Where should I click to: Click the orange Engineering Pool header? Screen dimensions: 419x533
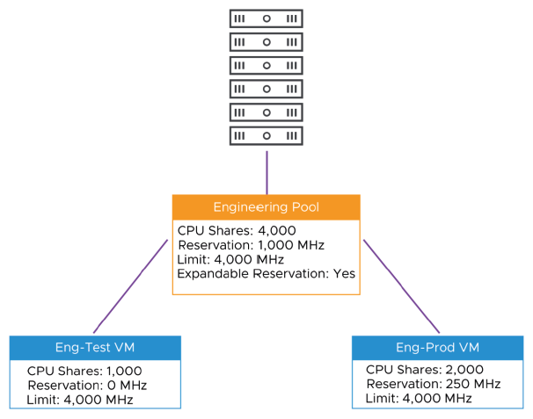click(266, 207)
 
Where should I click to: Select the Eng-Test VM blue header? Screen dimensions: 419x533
click(95, 348)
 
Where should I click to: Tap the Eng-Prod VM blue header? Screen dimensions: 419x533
click(437, 348)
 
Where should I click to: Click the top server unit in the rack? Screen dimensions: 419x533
click(266, 18)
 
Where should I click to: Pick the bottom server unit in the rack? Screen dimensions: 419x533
click(266, 136)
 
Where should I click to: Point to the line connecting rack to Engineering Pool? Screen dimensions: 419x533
click(266, 171)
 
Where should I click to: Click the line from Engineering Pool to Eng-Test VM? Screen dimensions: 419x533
click(130, 286)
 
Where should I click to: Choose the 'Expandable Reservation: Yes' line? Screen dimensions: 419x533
click(266, 274)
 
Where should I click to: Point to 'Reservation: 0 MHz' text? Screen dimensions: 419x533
click(86, 385)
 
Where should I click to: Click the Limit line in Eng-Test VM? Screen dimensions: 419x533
click(79, 400)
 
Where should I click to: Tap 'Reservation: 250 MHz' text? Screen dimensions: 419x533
click(433, 384)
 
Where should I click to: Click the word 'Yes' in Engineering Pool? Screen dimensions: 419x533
click(344, 274)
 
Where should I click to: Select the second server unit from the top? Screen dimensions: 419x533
click(266, 42)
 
